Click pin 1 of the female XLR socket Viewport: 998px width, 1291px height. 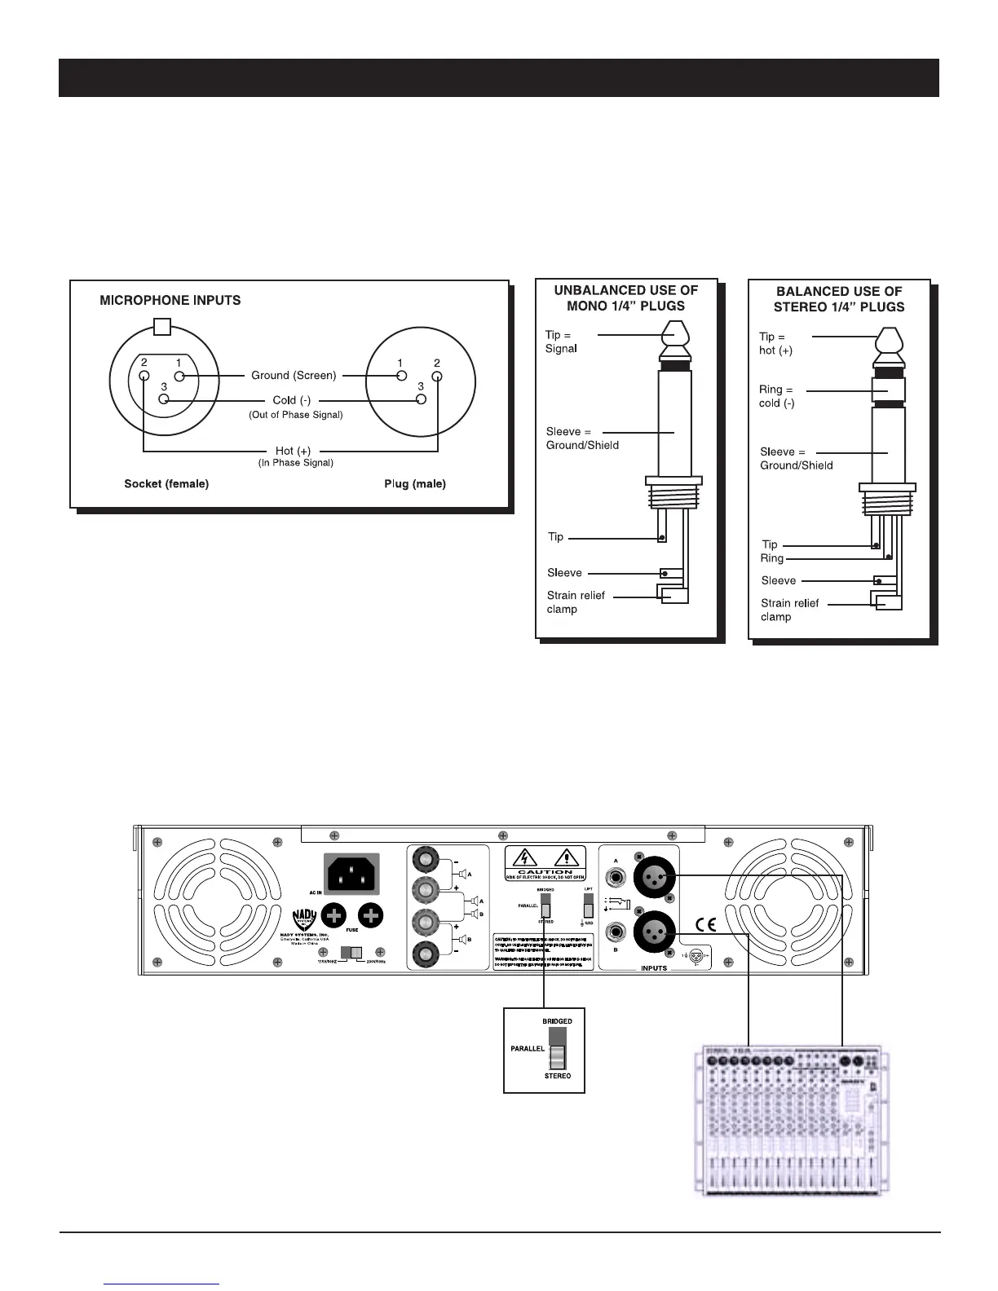point(180,376)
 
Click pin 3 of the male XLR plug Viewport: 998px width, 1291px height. point(421,399)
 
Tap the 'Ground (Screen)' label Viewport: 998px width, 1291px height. point(294,376)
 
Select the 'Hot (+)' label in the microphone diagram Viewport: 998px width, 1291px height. point(293,451)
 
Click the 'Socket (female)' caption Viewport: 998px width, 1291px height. point(166,484)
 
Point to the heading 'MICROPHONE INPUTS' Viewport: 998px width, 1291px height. point(170,300)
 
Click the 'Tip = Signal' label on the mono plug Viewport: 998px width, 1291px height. point(561,341)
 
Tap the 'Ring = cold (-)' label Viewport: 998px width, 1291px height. point(776,396)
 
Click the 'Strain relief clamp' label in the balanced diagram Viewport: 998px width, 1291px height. point(789,610)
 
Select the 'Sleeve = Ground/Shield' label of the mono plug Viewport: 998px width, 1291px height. point(582,438)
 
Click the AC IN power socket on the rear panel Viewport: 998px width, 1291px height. point(352,873)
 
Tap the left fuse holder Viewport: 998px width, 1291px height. point(333,916)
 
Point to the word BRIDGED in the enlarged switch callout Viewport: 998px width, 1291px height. point(558,1021)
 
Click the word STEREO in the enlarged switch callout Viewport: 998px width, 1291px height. point(558,1076)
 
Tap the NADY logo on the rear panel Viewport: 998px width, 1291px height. point(303,919)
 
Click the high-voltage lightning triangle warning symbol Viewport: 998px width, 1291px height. point(523,858)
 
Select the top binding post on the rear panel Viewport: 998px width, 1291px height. point(425,858)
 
